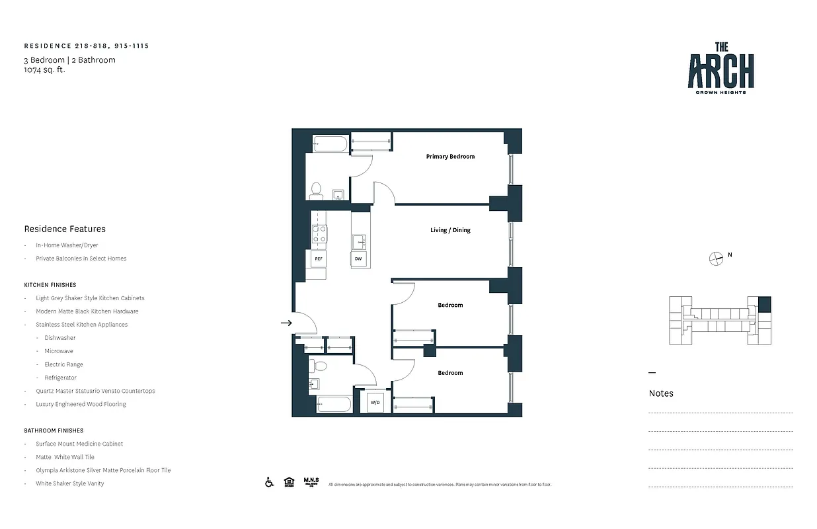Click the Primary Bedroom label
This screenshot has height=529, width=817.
click(x=450, y=157)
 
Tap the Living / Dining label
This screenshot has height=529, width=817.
click(x=450, y=230)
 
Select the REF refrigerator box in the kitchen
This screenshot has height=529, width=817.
click(x=318, y=259)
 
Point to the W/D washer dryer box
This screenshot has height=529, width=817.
click(x=375, y=402)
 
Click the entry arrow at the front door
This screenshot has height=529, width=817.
click(x=286, y=323)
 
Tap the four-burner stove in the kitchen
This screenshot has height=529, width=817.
click(x=319, y=233)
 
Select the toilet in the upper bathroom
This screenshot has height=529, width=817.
click(x=317, y=190)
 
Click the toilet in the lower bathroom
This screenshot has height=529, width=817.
click(x=320, y=365)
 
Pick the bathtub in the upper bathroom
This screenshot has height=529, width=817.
click(x=329, y=143)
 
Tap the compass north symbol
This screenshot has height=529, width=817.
click(x=717, y=259)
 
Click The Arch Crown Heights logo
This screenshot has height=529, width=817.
click(x=720, y=68)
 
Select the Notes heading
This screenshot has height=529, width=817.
click(x=661, y=393)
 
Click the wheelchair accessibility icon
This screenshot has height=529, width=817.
click(x=270, y=482)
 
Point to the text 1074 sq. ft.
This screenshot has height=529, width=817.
click(x=45, y=69)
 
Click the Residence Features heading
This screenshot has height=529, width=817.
click(x=65, y=229)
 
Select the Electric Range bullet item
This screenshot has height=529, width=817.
click(x=63, y=364)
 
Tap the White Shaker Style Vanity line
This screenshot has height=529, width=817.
click(x=69, y=483)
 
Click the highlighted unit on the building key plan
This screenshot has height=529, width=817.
click(x=764, y=304)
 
